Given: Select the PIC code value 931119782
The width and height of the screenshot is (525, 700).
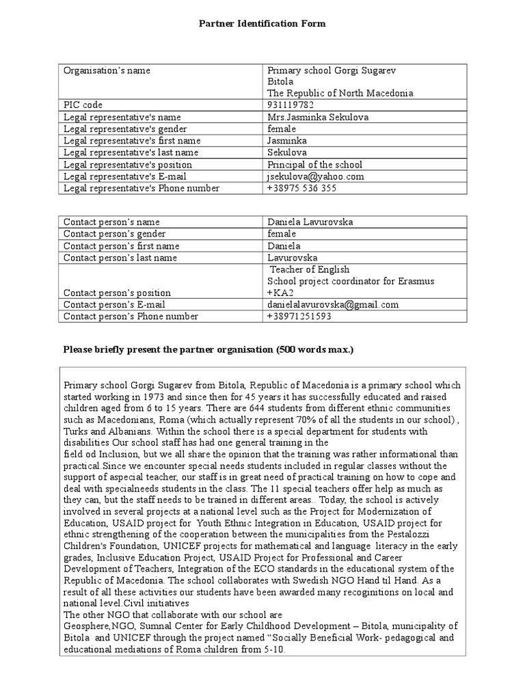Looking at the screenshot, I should [x=291, y=105].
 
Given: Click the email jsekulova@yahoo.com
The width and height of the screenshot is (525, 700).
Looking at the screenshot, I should [x=315, y=176].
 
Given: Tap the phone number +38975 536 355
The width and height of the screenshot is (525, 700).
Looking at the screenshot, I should [x=301, y=188].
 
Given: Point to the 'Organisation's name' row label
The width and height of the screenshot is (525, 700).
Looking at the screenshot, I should [x=107, y=70].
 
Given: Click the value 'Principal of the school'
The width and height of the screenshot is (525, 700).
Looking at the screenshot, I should [x=314, y=165].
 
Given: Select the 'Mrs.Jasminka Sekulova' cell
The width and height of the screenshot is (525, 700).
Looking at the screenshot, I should [x=318, y=117].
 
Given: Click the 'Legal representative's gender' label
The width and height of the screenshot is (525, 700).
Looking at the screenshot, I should [x=124, y=129].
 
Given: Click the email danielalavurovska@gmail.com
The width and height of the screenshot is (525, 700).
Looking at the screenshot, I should [x=333, y=305].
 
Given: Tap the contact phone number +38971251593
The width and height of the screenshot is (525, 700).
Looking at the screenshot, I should [x=299, y=317].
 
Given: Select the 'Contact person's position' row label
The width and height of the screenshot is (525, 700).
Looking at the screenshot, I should [x=117, y=293].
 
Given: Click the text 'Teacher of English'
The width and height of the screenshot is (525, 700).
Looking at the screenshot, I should [x=309, y=269].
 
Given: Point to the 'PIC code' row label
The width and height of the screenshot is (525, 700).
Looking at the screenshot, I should [x=83, y=105].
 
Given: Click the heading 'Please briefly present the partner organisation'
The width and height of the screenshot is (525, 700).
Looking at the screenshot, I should [x=208, y=350].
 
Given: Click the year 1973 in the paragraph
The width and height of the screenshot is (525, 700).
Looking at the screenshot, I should [x=149, y=396].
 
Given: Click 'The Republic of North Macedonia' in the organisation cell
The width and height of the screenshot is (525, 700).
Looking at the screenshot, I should [x=340, y=93].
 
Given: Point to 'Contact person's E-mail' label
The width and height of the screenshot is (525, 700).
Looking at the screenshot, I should [x=114, y=305].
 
